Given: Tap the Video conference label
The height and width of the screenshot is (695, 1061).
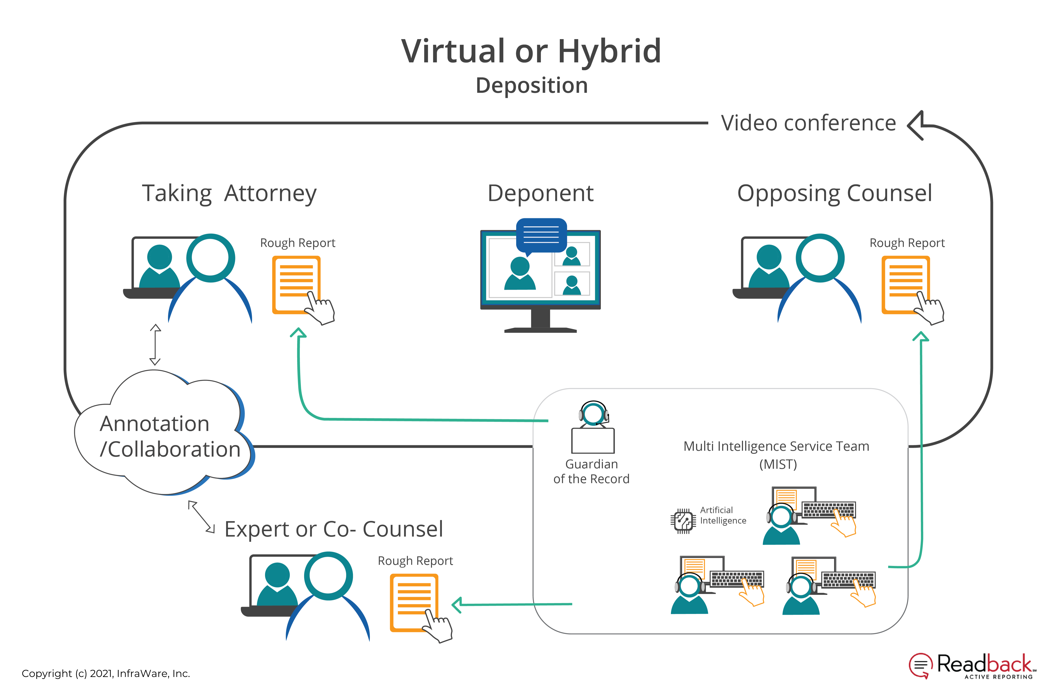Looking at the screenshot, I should click(808, 123).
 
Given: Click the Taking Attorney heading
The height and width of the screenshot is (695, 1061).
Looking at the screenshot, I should click(229, 194).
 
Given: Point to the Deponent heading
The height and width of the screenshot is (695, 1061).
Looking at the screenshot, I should click(540, 194).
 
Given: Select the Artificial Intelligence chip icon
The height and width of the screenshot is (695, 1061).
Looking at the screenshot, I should click(683, 521).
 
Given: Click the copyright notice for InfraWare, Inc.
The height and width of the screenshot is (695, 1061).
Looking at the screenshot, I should click(106, 673).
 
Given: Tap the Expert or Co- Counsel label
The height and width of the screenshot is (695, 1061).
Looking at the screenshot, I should click(333, 530).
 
